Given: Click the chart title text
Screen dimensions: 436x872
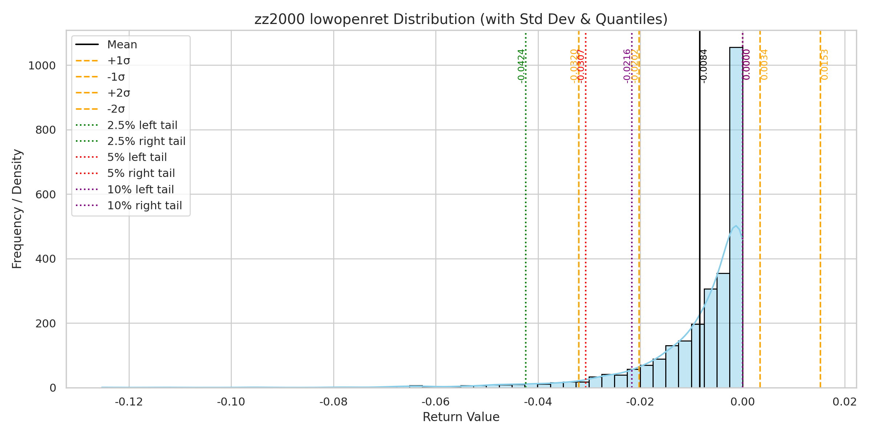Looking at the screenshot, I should point(461,19).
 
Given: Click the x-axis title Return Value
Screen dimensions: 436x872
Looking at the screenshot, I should point(461,417).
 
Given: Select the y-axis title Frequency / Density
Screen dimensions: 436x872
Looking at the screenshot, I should point(17,209).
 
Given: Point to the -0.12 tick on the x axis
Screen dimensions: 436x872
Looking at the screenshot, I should point(129,402).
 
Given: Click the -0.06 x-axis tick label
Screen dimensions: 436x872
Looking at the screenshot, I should point(436,402).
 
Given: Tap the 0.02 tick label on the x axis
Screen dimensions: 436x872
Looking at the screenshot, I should point(845,402).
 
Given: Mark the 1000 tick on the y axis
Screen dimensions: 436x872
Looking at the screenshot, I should point(42,66).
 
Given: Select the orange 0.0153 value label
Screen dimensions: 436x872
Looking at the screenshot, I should point(825,65).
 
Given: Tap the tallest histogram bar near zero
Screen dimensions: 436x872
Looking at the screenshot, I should point(736,218).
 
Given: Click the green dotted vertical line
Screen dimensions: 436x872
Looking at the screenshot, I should point(526,218).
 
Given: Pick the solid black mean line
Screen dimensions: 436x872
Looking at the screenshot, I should point(700,182).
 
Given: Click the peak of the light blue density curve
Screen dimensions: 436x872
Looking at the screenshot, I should point(736,226).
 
